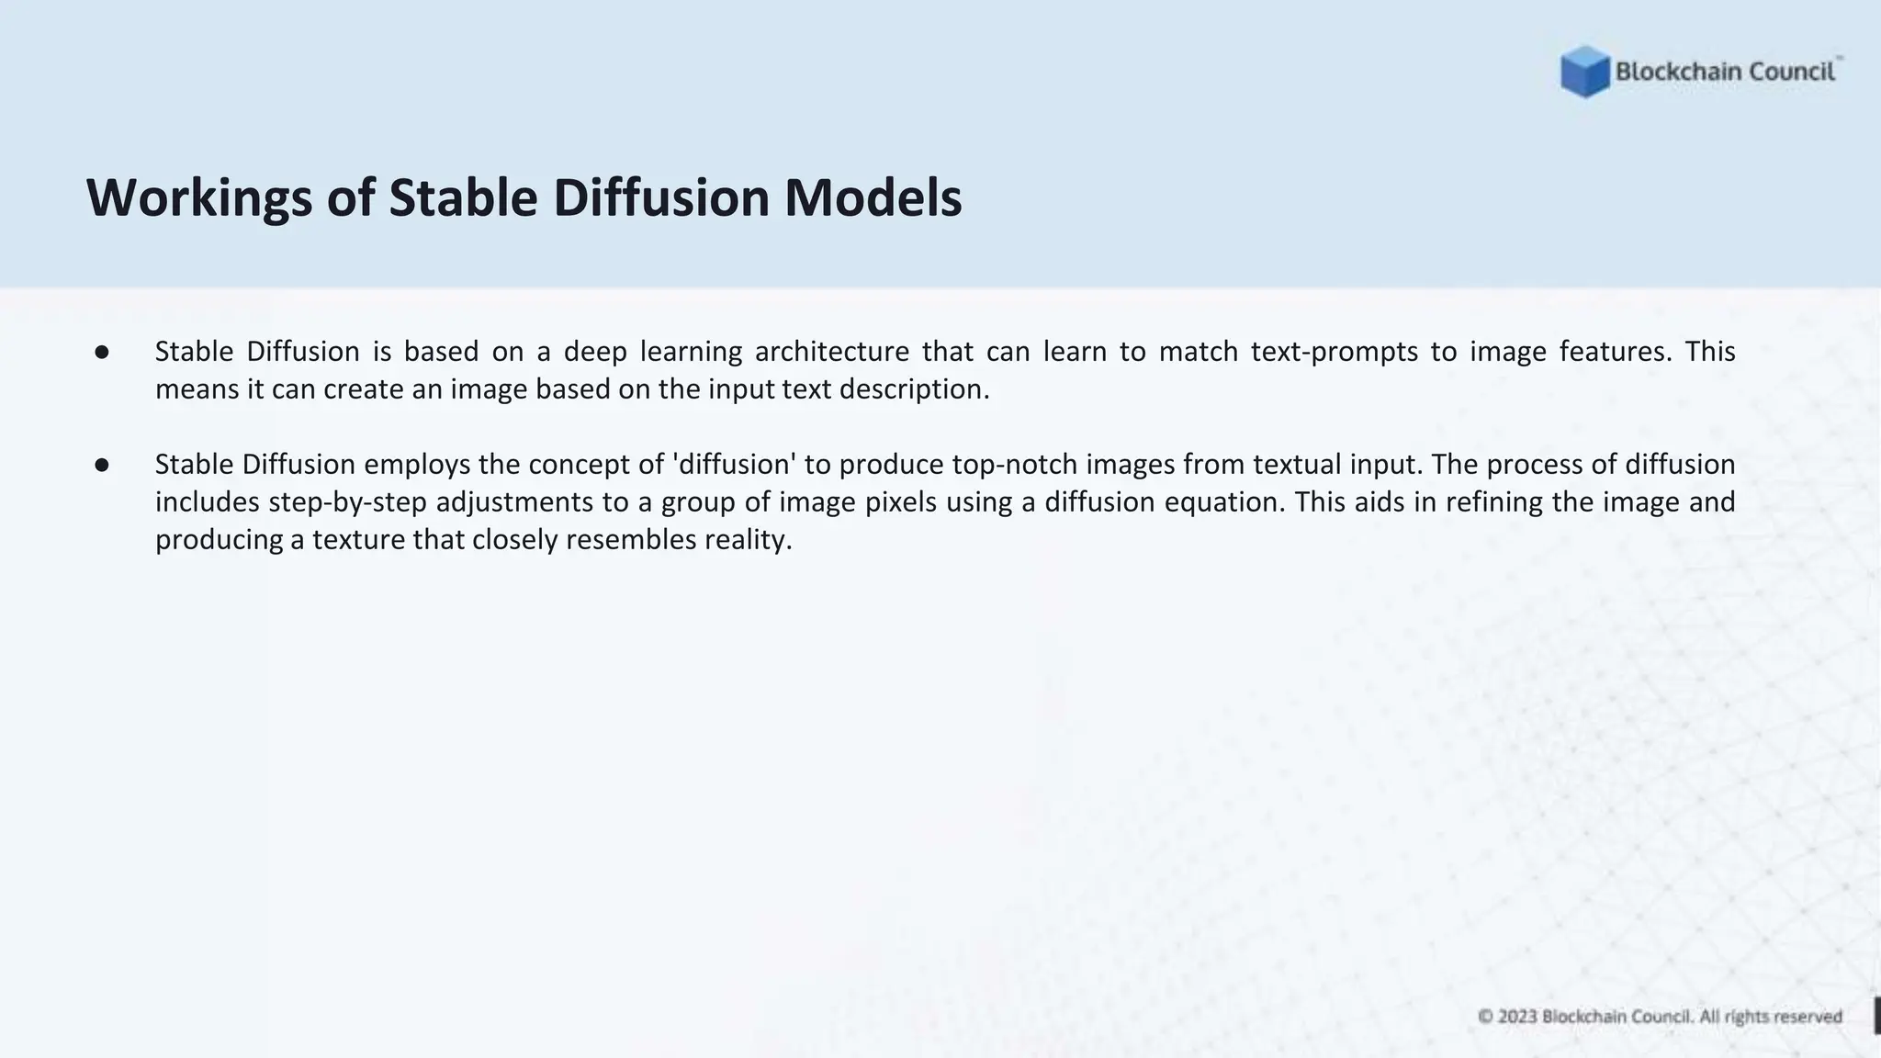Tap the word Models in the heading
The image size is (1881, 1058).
click(x=873, y=197)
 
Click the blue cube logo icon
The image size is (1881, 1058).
click(x=1584, y=72)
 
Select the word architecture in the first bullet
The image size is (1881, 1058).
click(x=831, y=352)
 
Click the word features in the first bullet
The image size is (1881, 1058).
click(x=1616, y=352)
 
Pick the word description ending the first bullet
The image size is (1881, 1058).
click(x=914, y=389)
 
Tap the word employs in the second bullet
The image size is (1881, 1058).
click(x=417, y=465)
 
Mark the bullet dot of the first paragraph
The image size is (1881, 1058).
click(x=102, y=353)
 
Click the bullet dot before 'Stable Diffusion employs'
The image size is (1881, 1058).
click(x=102, y=466)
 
